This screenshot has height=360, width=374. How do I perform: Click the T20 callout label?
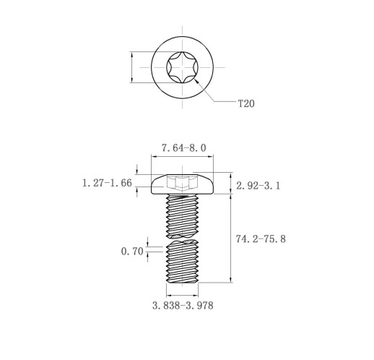pos(246,103)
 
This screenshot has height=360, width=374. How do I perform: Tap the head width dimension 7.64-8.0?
pos(183,148)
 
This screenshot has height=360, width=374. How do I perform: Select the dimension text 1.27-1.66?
pos(107,183)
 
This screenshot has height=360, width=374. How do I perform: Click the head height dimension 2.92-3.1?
pos(258,186)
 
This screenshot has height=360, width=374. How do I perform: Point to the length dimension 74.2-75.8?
pos(261,239)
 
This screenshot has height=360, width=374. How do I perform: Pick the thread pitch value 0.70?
pos(132,252)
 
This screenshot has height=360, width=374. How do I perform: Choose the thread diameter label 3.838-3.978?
pos(183,306)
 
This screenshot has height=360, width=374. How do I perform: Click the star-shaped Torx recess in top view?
pos(182,67)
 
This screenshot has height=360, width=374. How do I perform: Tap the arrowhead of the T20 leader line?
pos(196,82)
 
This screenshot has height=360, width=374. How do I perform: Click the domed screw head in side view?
pos(182,184)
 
